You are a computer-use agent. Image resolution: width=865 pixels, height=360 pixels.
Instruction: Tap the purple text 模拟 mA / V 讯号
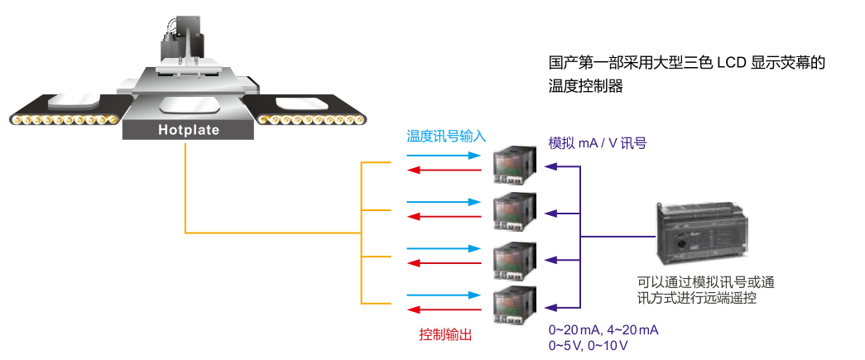coord(598,143)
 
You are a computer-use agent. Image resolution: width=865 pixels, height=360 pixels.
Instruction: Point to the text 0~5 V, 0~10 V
coord(588,345)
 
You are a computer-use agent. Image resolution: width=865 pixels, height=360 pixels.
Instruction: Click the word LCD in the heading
coord(732,62)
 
